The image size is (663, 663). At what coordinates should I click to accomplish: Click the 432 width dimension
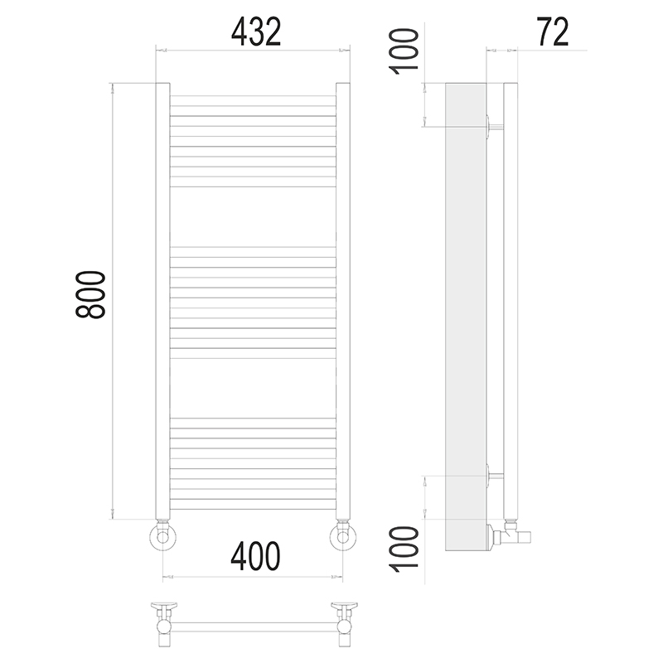click(256, 32)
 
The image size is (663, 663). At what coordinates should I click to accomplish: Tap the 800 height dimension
click(90, 295)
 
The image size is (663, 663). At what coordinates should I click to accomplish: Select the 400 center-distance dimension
click(255, 555)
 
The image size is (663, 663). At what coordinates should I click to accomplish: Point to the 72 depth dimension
click(553, 32)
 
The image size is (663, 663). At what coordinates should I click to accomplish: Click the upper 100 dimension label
click(404, 51)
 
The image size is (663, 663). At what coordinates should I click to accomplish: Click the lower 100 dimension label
click(404, 549)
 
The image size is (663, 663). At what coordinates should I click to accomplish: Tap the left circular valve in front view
click(162, 537)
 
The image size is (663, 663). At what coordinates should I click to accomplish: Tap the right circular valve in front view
click(343, 537)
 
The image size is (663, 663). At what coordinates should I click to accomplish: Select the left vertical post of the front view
click(162, 301)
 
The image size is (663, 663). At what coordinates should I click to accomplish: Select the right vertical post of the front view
click(343, 301)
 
